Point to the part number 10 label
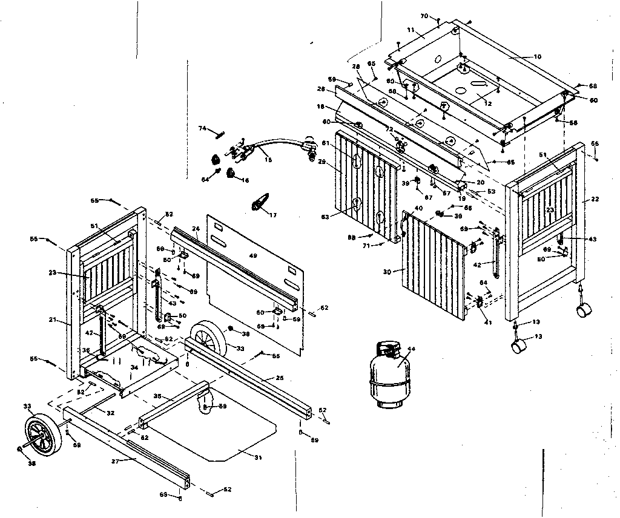(537, 57)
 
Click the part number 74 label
(203, 128)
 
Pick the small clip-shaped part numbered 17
(260, 203)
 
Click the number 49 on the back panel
(253, 256)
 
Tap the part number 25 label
(280, 378)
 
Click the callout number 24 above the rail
(196, 229)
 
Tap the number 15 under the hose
(268, 160)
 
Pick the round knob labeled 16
(231, 174)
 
